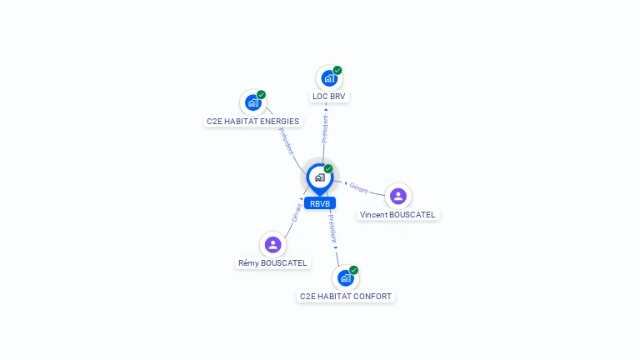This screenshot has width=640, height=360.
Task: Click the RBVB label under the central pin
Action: (320, 203)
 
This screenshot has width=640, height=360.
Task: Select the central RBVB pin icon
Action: (320, 178)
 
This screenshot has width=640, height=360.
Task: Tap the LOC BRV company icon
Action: (329, 78)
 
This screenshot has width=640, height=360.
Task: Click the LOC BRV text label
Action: (329, 97)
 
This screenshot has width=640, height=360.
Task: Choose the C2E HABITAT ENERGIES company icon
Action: (253, 102)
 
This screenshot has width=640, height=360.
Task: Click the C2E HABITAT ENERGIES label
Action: (253, 121)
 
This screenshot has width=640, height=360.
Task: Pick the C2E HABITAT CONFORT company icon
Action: (346, 278)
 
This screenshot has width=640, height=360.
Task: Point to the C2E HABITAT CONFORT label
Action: (346, 297)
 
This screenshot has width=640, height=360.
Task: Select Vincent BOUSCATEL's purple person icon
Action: (398, 196)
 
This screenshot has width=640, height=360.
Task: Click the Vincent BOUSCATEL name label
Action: (397, 215)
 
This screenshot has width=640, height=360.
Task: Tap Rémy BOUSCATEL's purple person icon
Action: (272, 244)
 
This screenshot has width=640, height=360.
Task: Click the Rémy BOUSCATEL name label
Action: (272, 262)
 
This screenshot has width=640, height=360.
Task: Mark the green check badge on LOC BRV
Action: (337, 70)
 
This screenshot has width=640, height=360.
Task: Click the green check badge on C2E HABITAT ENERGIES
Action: (261, 95)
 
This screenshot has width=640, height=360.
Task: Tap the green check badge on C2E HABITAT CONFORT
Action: (353, 270)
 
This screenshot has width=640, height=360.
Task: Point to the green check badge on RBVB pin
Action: (328, 168)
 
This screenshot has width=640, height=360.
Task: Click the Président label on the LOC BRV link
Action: (325, 128)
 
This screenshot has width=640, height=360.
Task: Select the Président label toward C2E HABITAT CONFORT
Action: (332, 228)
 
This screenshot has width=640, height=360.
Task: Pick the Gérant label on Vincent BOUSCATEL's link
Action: (359, 188)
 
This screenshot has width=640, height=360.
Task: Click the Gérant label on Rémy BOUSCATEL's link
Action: (297, 212)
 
